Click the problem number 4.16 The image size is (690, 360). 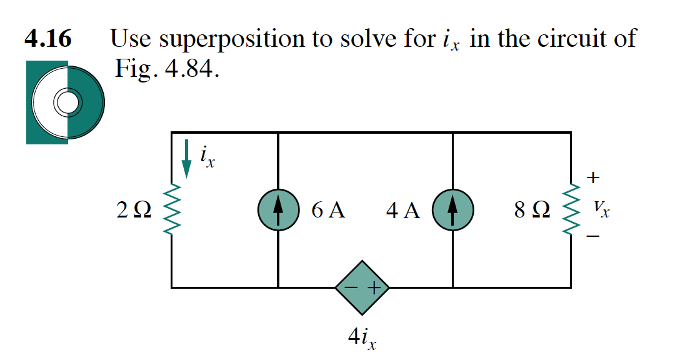point(47,39)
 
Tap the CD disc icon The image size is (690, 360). point(65,102)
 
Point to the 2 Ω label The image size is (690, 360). point(133,211)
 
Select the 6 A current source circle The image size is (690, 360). point(277,210)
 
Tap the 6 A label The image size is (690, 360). point(327,211)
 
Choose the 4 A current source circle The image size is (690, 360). point(452,210)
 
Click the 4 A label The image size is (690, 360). point(403,211)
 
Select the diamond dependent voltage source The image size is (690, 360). point(362,288)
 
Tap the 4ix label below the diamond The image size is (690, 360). point(362,338)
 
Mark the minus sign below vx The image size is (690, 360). point(593,237)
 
